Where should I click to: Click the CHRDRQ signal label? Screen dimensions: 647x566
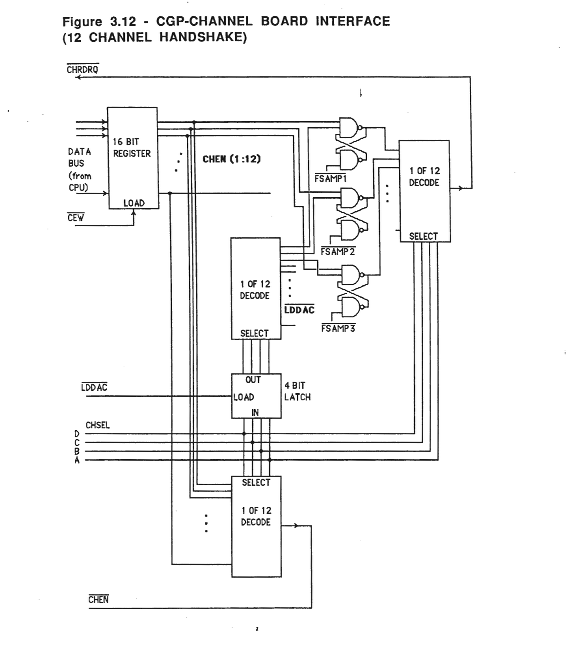pyautogui.click(x=82, y=70)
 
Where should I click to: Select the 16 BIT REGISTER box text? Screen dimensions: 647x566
pyautogui.click(x=131, y=148)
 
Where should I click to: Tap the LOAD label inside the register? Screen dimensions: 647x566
pyautogui.click(x=134, y=203)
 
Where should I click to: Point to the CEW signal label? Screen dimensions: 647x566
pyautogui.click(x=76, y=218)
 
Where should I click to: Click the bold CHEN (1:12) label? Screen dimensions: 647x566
pyautogui.click(x=232, y=159)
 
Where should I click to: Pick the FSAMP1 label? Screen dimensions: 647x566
pyautogui.click(x=331, y=179)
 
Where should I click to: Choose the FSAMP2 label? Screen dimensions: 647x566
pyautogui.click(x=338, y=252)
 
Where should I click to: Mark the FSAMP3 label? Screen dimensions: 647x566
pyautogui.click(x=338, y=329)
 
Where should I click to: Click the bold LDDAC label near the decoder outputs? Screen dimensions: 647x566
pyautogui.click(x=299, y=310)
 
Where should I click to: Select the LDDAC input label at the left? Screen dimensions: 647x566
pyautogui.click(x=94, y=387)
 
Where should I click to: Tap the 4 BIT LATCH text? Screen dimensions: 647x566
pyautogui.click(x=297, y=391)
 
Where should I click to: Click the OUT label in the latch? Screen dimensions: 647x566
pyautogui.click(x=253, y=380)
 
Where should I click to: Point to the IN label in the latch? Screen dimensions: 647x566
pyautogui.click(x=255, y=412)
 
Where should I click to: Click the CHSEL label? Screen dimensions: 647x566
pyautogui.click(x=97, y=425)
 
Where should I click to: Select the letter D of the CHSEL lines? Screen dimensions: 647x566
pyautogui.click(x=77, y=434)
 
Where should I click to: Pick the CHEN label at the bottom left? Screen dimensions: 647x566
pyautogui.click(x=98, y=599)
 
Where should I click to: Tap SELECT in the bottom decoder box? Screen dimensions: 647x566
pyautogui.click(x=256, y=483)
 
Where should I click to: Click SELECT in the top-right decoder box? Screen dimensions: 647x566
pyautogui.click(x=423, y=236)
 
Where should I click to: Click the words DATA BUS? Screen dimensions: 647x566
pyautogui.click(x=80, y=157)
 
